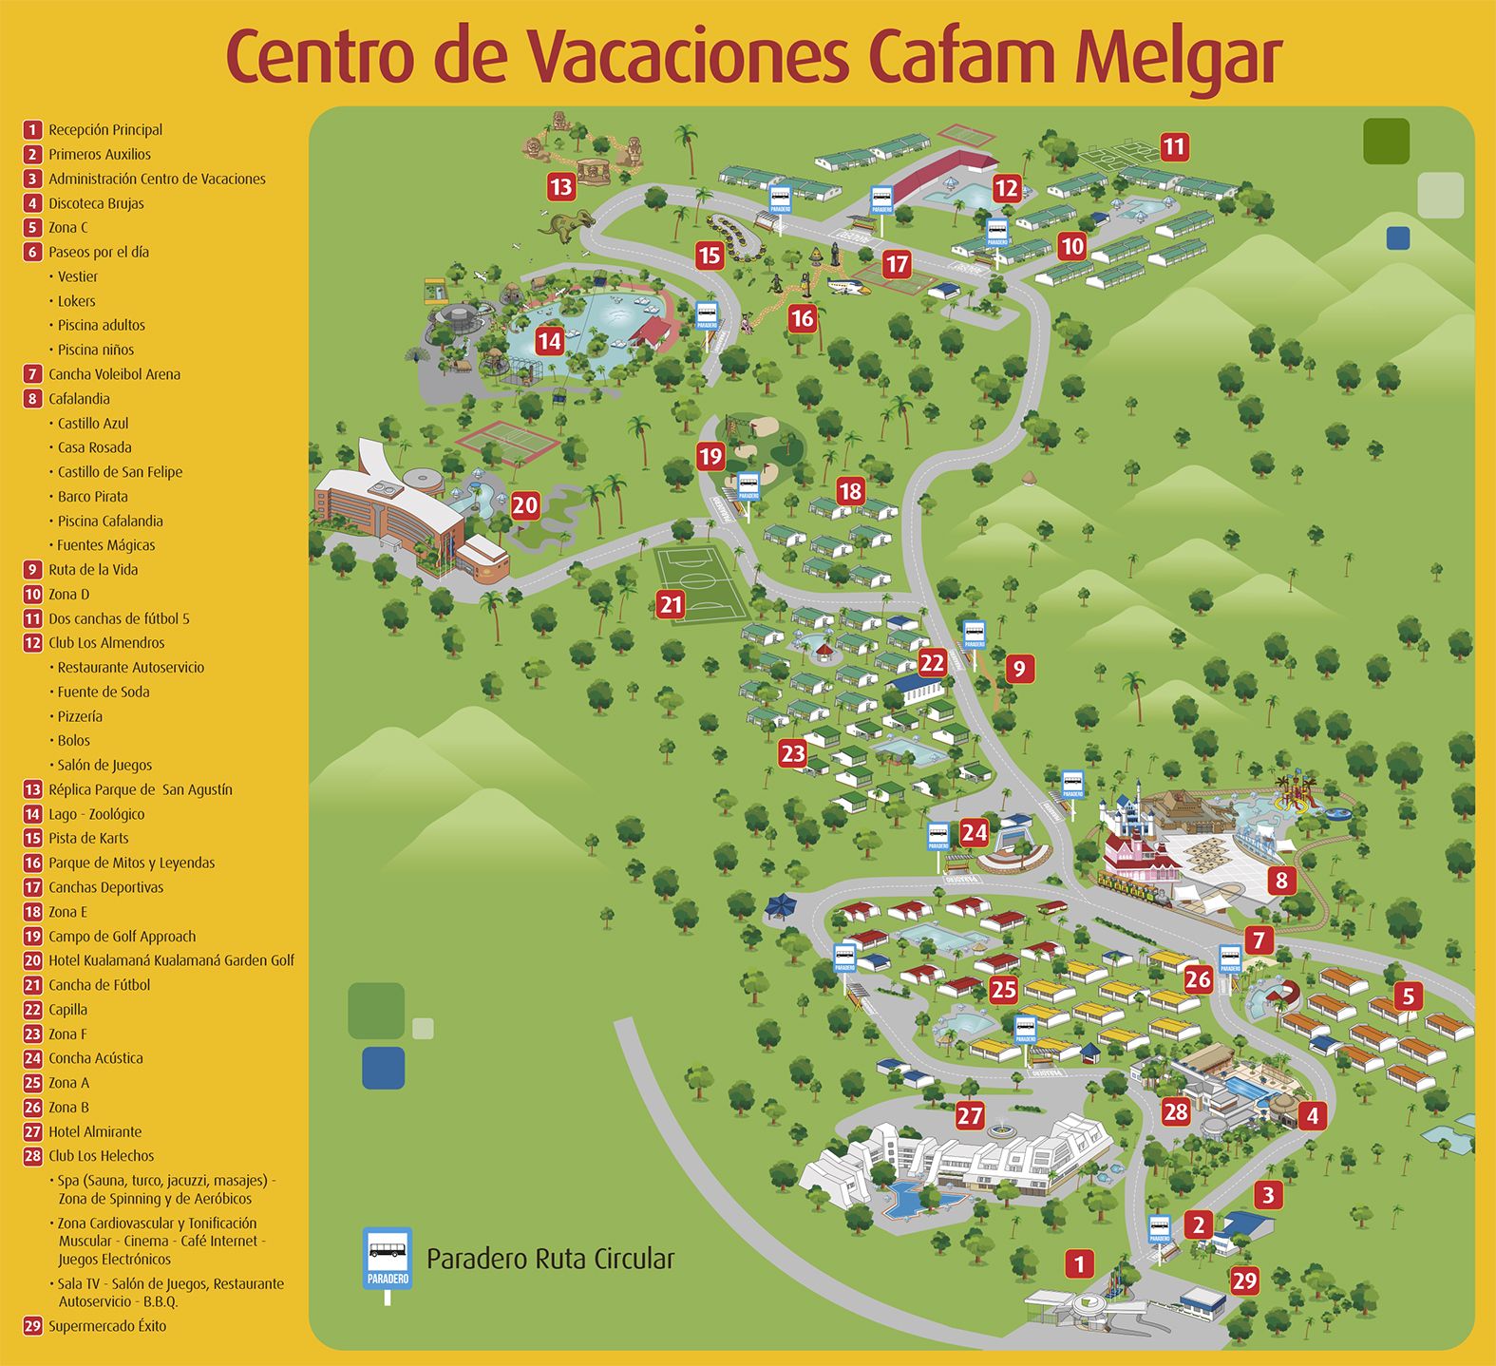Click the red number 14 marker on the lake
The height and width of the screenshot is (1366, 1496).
pos(549,341)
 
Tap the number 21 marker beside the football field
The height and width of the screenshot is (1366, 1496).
pos(671,604)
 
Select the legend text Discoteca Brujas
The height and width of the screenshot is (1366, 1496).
pos(96,203)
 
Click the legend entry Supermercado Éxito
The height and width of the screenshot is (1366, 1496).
pos(107,1326)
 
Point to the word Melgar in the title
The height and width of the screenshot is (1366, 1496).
pos(1178,57)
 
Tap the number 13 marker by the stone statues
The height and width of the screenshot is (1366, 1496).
pos(561,186)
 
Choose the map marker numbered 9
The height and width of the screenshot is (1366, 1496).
pos(1019,669)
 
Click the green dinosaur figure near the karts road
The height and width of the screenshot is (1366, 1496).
pos(566,225)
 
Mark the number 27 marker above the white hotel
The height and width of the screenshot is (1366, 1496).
pos(970,1115)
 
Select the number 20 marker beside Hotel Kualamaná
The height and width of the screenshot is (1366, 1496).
pos(525,505)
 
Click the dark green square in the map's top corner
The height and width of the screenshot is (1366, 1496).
pos(1386,142)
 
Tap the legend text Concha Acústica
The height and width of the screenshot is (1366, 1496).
pos(96,1058)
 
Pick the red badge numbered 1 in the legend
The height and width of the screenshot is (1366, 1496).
pos(33,130)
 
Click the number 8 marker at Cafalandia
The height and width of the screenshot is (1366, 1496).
pos(1281,880)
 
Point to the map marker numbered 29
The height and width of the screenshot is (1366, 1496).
pos(1244,1281)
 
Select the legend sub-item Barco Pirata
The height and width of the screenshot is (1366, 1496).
pos(92,497)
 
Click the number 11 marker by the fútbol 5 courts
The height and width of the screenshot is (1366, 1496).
pos(1174,147)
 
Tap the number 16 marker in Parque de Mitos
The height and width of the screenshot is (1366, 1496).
pos(803,318)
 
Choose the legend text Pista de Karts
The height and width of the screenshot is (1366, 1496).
pos(88,838)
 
